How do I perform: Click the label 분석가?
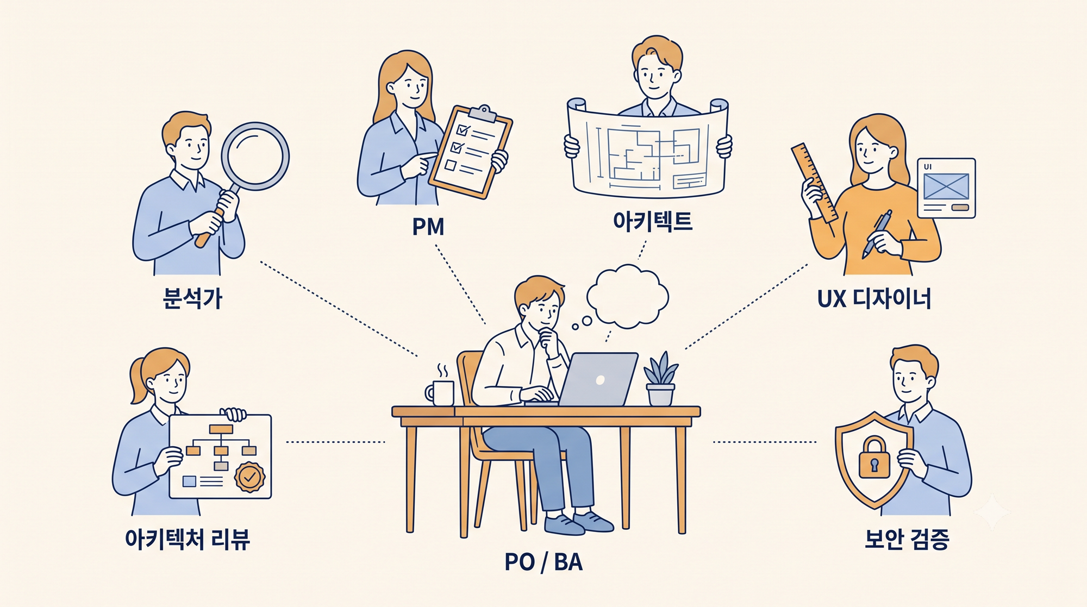(192, 298)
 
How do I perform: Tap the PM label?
(428, 227)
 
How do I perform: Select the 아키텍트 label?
(652, 221)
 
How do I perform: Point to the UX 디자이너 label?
(874, 298)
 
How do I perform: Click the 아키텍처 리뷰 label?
(188, 539)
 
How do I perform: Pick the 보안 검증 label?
(907, 539)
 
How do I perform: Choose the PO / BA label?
(543, 562)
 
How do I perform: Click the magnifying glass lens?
(255, 156)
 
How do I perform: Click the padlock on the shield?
(874, 457)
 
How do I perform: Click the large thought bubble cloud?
(628, 296)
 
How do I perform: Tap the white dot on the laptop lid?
(600, 380)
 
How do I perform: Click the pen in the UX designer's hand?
(877, 235)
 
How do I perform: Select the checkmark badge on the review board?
(249, 477)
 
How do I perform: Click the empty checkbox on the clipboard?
(450, 165)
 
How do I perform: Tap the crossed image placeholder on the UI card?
(946, 186)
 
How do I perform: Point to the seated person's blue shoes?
(578, 522)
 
